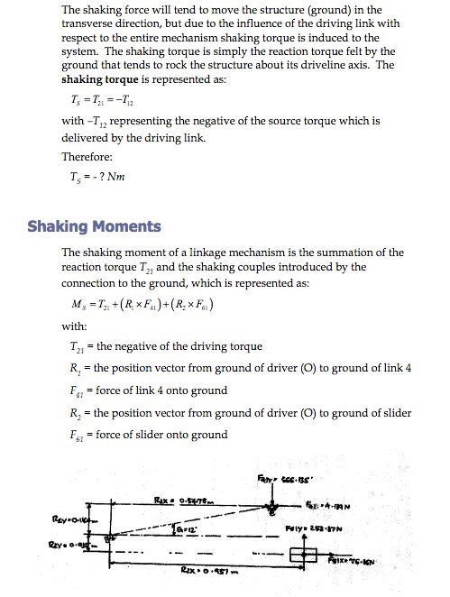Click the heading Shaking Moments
point(95,225)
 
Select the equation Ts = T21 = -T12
point(98,99)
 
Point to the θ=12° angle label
point(185,531)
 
